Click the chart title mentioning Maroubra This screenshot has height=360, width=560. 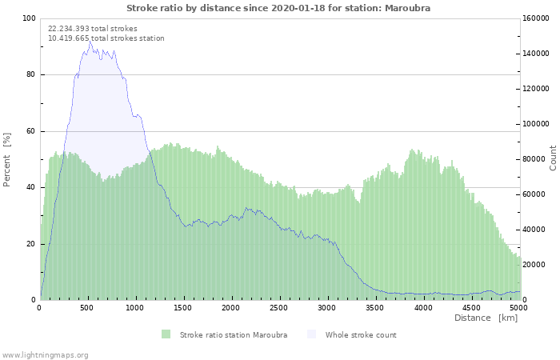[x=278, y=8]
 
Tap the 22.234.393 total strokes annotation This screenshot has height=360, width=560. [x=93, y=29]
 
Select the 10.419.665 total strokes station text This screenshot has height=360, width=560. [x=106, y=38]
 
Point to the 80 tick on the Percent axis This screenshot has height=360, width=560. [x=30, y=74]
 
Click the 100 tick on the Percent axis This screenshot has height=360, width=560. [x=30, y=18]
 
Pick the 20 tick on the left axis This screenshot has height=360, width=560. [x=30, y=244]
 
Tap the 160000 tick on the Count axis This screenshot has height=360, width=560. [x=535, y=18]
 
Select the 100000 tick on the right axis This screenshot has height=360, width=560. [x=535, y=124]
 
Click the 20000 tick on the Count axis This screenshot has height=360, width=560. [x=534, y=265]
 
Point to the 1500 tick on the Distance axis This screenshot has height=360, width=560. [x=183, y=308]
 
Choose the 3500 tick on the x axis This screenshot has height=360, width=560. [x=374, y=308]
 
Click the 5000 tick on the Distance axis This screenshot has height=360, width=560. [x=518, y=308]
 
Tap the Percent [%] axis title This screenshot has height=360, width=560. [x=6, y=160]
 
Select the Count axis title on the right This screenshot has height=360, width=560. [x=553, y=158]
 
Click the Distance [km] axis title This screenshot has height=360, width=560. [x=486, y=318]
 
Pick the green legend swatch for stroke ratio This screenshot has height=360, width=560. [x=166, y=334]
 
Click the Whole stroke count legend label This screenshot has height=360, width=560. [x=361, y=335]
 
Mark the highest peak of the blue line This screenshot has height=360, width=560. [x=90, y=41]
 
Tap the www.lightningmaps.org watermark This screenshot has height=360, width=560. [x=45, y=355]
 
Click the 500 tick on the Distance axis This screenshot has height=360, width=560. [x=86, y=308]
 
